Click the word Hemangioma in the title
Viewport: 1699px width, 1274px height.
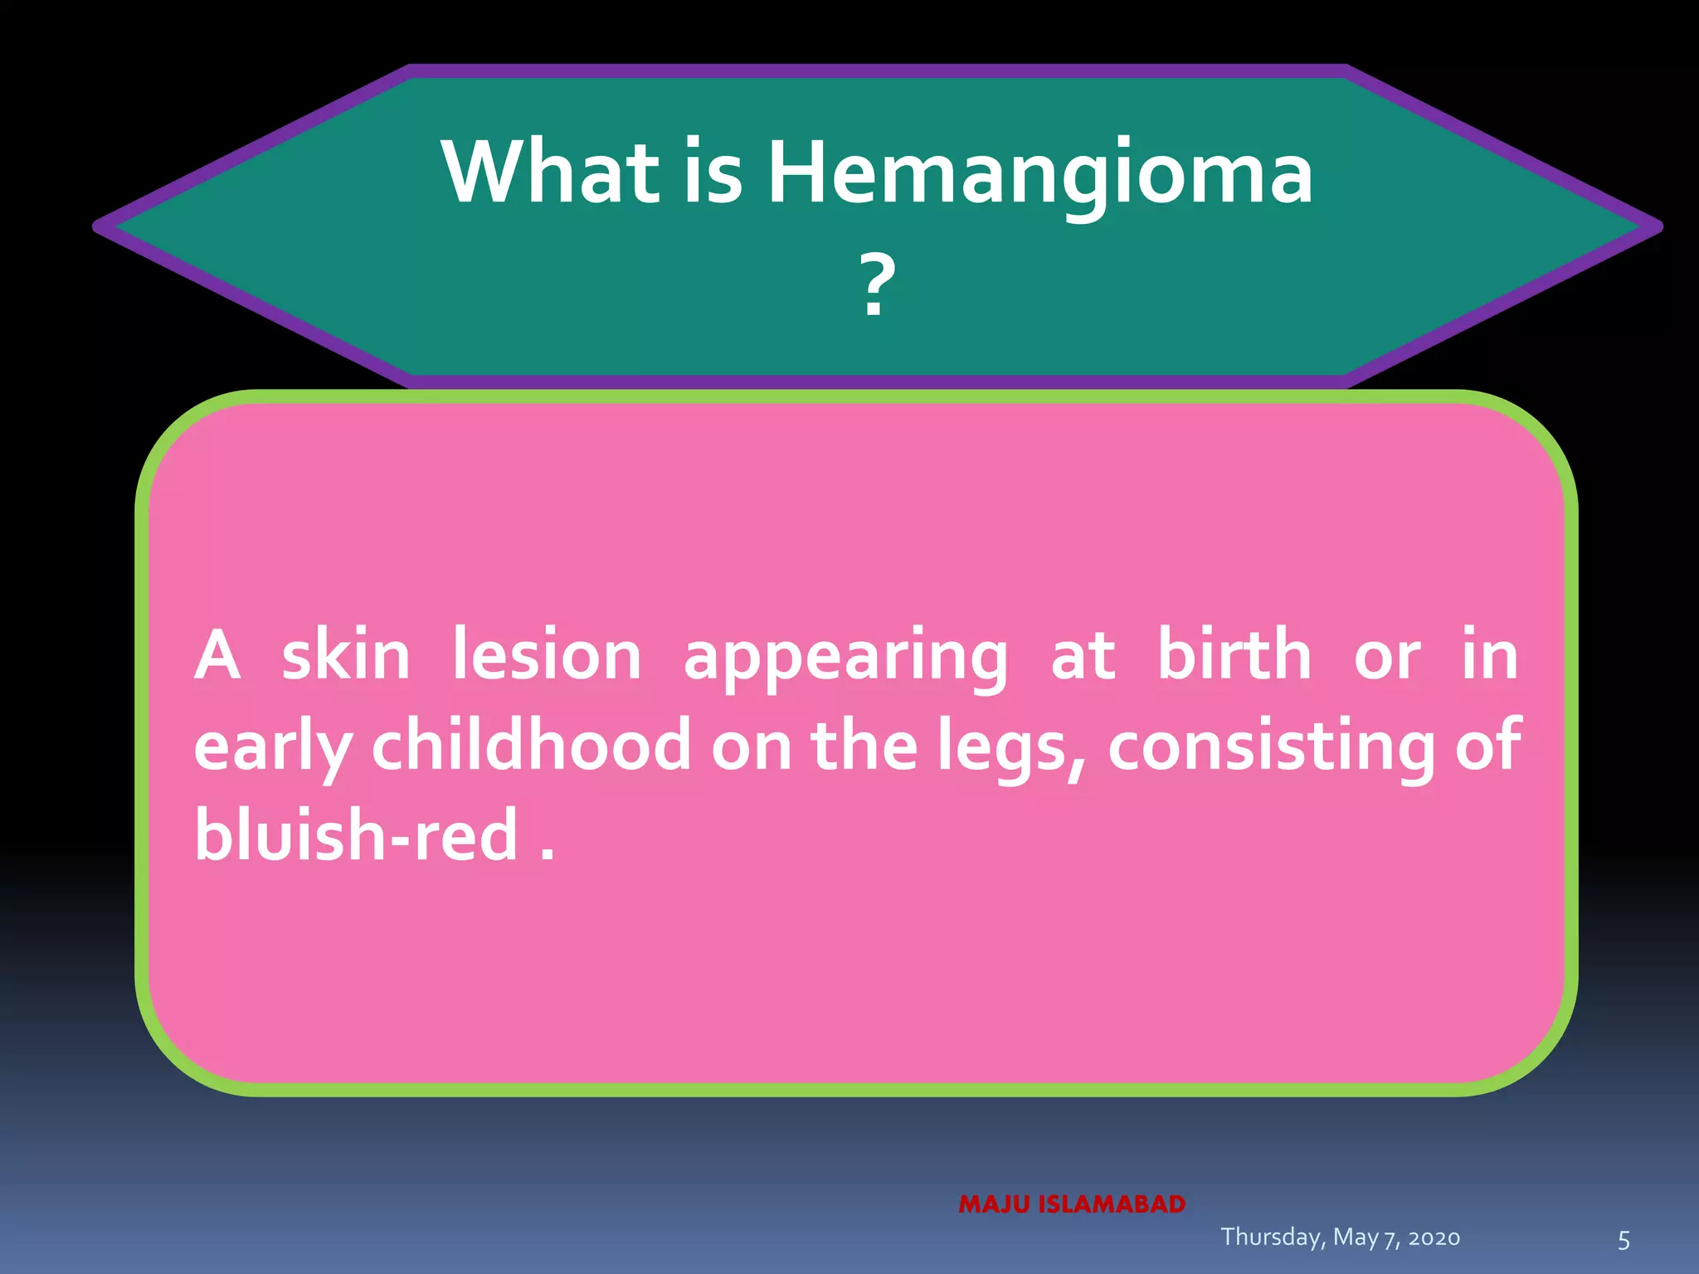(x=1040, y=174)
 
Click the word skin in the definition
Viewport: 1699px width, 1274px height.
(x=346, y=656)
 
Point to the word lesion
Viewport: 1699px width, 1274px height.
(x=547, y=656)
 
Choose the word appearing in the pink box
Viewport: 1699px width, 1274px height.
(x=845, y=659)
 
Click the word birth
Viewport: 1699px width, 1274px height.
(x=1234, y=655)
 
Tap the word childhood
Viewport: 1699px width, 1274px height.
(x=531, y=745)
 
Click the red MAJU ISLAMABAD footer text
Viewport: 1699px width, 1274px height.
(x=1072, y=1204)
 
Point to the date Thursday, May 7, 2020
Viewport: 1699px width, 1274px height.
(x=1340, y=1238)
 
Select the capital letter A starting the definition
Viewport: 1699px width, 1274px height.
(x=217, y=656)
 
